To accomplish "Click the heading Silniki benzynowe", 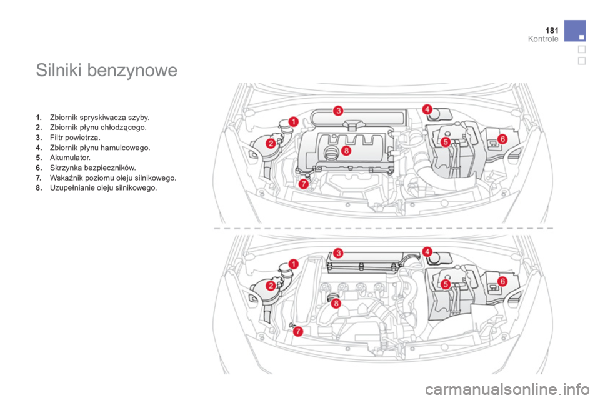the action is tap(107, 71).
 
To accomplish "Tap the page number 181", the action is tap(552, 31).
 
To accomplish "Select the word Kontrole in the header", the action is tap(543, 39).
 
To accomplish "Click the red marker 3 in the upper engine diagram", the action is tap(338, 111).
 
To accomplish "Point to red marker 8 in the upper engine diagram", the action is tap(346, 151).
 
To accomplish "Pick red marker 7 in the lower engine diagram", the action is tap(298, 331).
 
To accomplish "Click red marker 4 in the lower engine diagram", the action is tap(427, 251).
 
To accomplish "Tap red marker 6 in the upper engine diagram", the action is tap(502, 139).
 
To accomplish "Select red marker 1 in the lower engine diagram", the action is tap(294, 264).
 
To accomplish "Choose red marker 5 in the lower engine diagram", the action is tap(446, 284).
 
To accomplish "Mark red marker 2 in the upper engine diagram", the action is tap(271, 144).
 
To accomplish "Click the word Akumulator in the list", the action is tap(69, 157).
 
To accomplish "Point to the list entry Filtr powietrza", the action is tap(74, 137).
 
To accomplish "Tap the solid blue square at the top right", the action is tap(575, 31).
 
